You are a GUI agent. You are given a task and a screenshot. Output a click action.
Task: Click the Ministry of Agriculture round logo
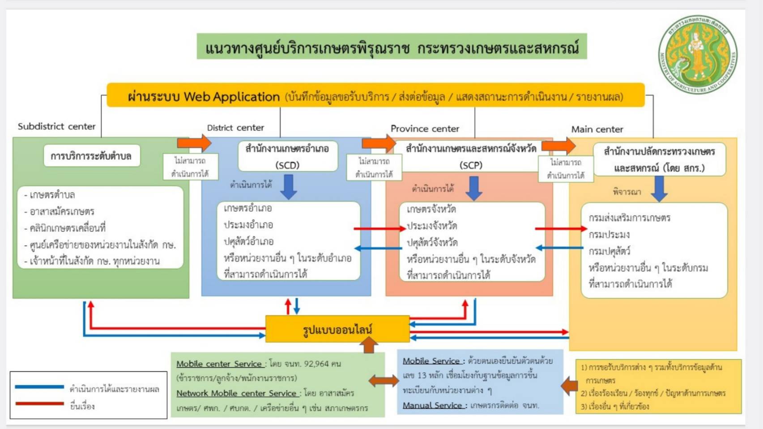tap(698, 54)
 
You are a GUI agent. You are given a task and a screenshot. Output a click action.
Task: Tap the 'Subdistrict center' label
tap(57, 126)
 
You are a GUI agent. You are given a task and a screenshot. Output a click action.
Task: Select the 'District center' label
tap(235, 128)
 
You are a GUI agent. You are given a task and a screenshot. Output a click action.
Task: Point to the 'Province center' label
tap(425, 129)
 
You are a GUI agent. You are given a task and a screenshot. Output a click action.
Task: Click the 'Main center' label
tap(597, 130)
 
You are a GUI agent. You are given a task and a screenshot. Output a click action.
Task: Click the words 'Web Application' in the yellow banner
tap(231, 97)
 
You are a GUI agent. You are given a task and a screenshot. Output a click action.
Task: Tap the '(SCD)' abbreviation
tap(287, 165)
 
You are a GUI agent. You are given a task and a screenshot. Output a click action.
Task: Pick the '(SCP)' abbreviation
tap(471, 165)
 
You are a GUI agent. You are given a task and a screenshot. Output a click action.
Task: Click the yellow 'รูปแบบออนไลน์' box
tap(337, 329)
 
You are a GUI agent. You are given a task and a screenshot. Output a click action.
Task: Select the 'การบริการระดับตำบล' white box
tap(91, 156)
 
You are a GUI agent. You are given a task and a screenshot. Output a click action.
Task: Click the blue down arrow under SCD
tap(289, 186)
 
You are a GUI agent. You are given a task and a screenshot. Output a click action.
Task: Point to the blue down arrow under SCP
tap(473, 188)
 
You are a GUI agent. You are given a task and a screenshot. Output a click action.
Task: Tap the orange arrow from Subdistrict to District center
tap(194, 143)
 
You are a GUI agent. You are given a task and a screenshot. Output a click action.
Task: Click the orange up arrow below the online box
tap(369, 345)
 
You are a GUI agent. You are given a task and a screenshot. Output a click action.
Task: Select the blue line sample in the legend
tap(39, 387)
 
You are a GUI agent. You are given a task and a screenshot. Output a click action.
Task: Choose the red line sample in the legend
tap(39, 404)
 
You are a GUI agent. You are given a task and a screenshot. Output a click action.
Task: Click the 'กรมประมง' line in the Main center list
tap(609, 235)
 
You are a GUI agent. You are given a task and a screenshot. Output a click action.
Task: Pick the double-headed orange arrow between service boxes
tap(384, 381)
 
